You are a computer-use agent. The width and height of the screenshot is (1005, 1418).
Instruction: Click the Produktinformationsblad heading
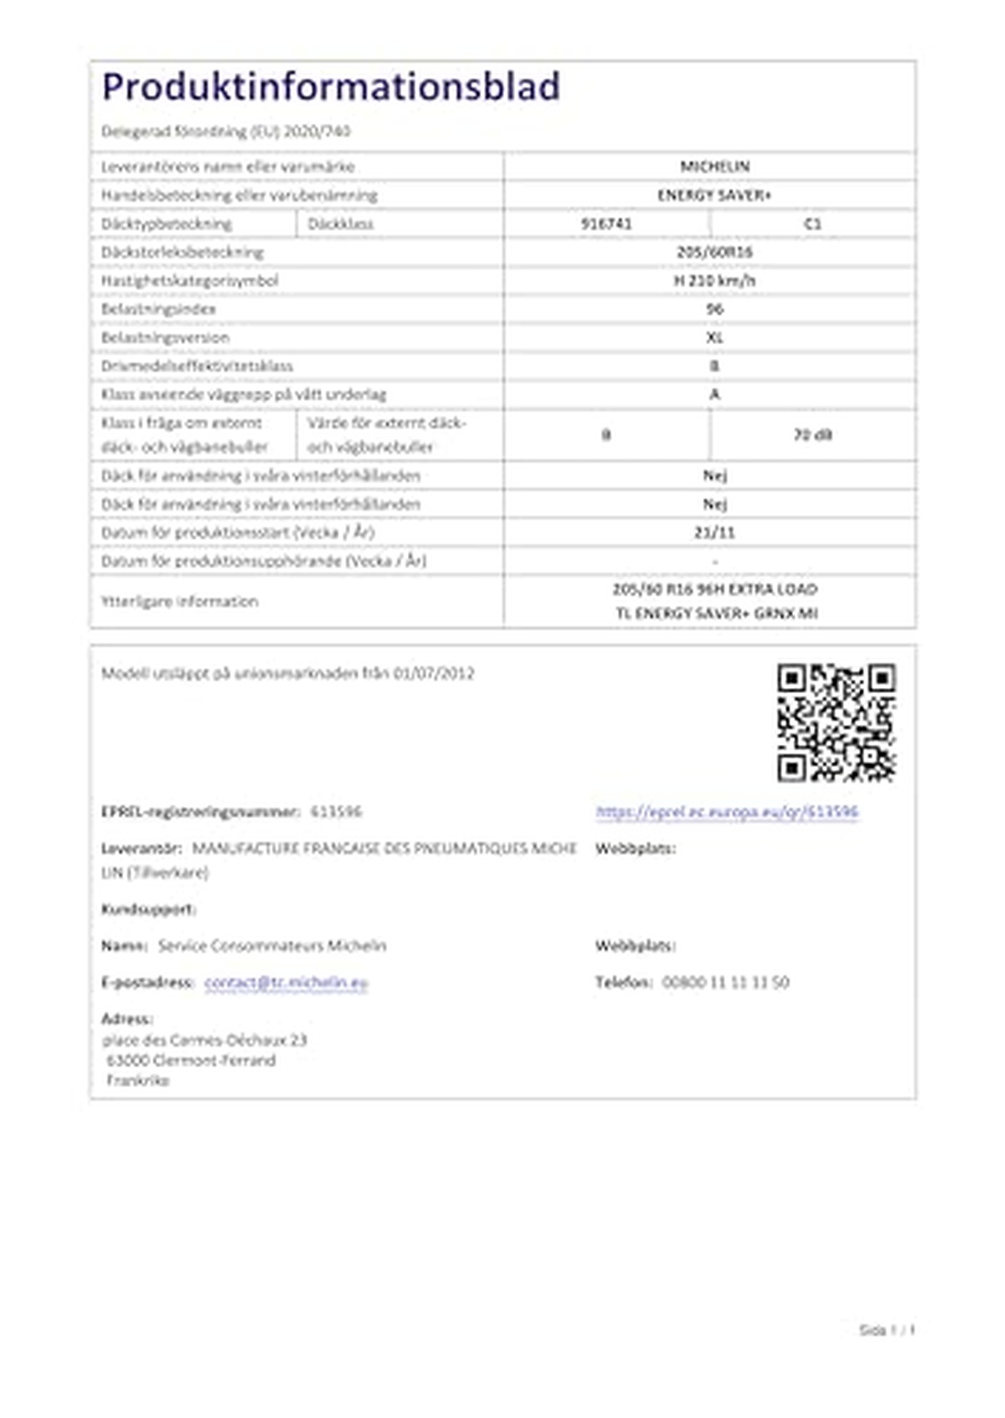pos(331,87)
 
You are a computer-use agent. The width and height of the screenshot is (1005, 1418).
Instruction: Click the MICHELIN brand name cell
pos(714,167)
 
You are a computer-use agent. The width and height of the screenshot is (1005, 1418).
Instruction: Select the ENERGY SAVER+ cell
pos(714,195)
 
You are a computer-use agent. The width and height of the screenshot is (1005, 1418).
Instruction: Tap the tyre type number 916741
pos(606,223)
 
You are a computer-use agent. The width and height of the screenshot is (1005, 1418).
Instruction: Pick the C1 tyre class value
pos(812,223)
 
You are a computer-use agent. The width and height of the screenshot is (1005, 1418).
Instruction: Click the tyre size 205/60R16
pos(714,252)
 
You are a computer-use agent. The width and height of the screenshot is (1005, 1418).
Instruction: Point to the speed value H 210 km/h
pos(714,280)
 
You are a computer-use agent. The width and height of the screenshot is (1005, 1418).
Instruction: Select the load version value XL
pos(714,337)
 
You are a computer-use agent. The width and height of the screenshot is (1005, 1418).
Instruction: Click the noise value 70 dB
pos(812,434)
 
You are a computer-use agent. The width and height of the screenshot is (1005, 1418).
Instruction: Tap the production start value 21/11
pos(714,532)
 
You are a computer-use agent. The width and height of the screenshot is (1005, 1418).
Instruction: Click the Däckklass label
pos(341,223)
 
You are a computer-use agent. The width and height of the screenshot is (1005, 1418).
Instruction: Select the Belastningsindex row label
pos(158,309)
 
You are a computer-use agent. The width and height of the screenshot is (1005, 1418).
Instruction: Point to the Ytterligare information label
pos(179,601)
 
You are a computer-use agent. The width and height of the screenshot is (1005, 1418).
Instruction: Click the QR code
pos(836,722)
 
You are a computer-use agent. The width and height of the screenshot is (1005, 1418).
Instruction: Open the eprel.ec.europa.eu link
pos(727,811)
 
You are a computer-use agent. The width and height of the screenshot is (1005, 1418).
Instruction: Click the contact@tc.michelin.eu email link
pos(286,982)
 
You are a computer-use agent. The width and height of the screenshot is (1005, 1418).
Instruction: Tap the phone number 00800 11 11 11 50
pos(725,982)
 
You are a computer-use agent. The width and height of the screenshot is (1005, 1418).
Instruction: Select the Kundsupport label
pos(148,909)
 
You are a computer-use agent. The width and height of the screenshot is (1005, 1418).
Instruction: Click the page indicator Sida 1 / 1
pos(887,1329)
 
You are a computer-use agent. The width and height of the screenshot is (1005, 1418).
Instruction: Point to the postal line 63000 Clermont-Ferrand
pos(191,1060)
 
